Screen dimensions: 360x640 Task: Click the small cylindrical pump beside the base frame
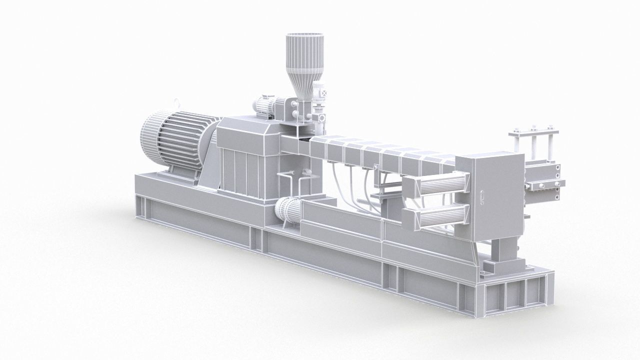[x=288, y=212]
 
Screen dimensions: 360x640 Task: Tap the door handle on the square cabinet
[x=482, y=197]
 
